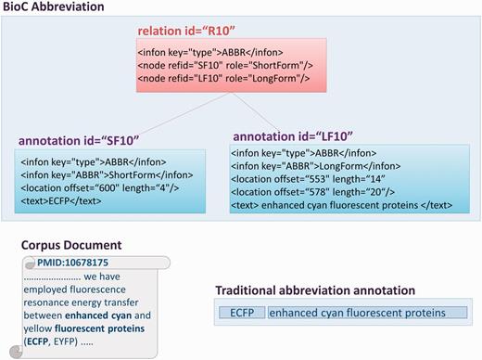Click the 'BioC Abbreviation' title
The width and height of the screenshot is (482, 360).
point(52,7)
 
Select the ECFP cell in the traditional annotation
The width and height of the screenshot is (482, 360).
point(243,314)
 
